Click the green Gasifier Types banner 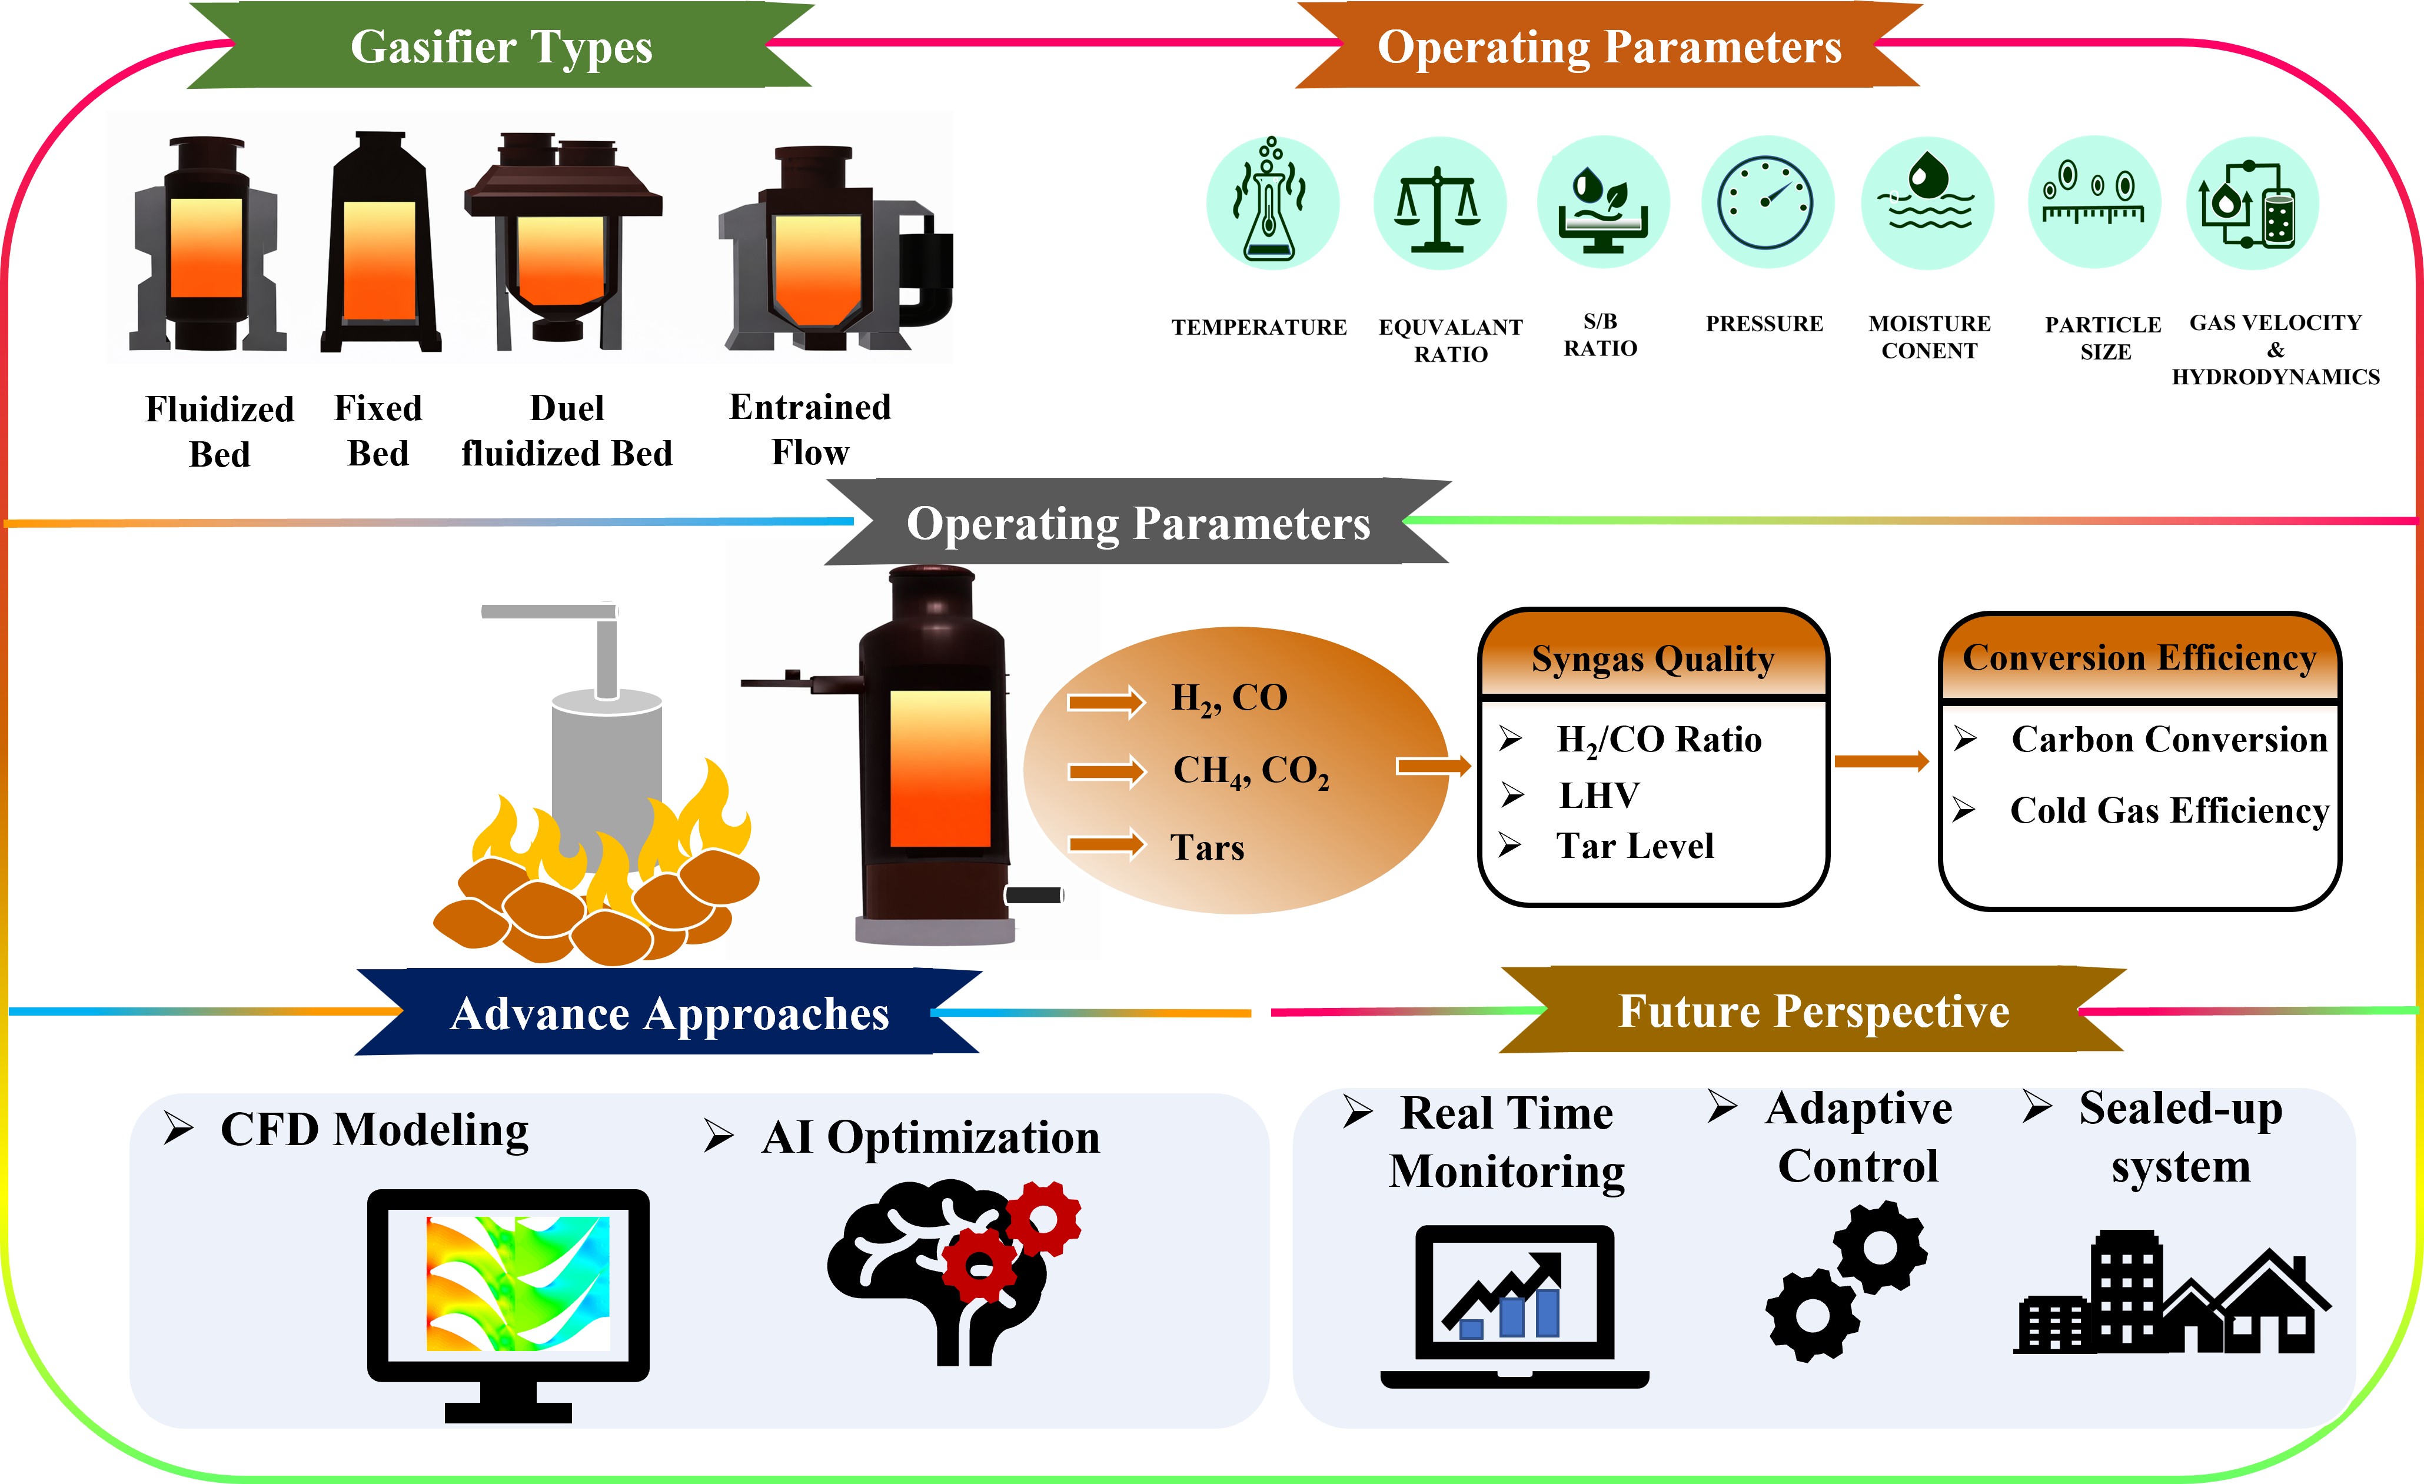[x=501, y=46]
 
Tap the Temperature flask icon [x=1272, y=202]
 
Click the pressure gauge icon [x=1767, y=202]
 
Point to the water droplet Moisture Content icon [x=1927, y=202]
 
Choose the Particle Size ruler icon [x=2093, y=202]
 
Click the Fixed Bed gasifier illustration [x=380, y=244]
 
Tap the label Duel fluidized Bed [x=567, y=431]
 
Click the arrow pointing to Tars [x=1107, y=845]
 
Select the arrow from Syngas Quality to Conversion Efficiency [x=1881, y=761]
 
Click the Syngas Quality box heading [x=1652, y=659]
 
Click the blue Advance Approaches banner [x=669, y=1013]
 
